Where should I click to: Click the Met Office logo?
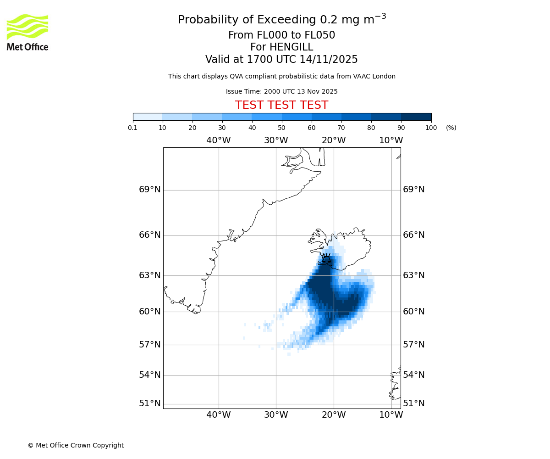(27, 32)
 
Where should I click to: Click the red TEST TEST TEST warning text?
(281, 105)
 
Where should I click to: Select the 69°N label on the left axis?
(150, 190)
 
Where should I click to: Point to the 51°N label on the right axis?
(413, 403)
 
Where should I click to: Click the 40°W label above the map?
(218, 140)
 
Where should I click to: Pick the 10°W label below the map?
(391, 415)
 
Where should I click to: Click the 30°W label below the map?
(276, 415)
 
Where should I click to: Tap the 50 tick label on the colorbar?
(282, 128)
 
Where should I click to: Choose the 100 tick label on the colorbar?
(431, 128)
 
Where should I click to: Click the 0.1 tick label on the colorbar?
(133, 128)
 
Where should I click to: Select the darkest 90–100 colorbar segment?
(416, 117)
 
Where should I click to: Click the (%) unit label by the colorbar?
(451, 128)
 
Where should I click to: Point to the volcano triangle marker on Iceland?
(326, 259)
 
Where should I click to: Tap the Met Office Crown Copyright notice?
(76, 445)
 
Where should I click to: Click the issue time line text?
(281, 92)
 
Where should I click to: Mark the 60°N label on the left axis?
(150, 312)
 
